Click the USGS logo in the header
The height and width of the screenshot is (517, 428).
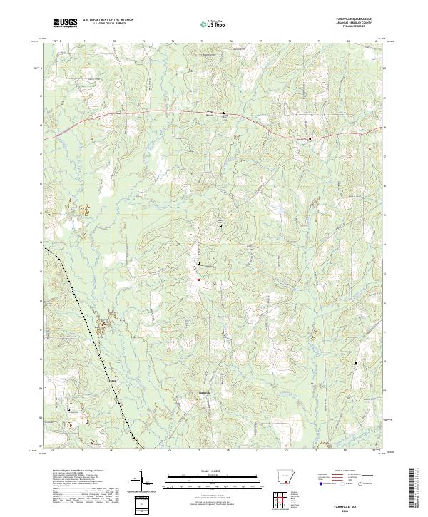click(66, 24)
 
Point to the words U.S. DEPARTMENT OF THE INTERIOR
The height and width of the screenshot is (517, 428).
click(108, 20)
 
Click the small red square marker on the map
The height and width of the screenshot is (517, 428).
click(198, 280)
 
